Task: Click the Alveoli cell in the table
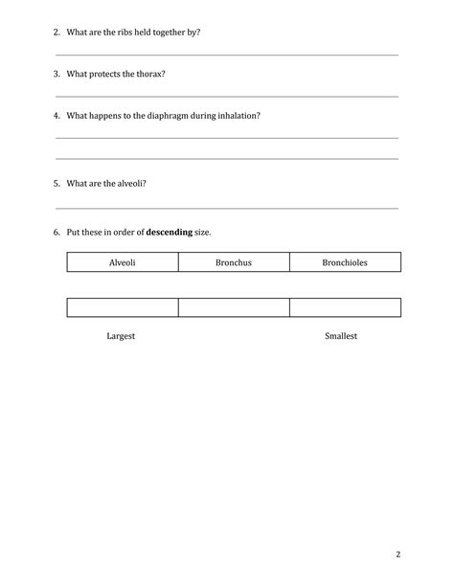pos(123,262)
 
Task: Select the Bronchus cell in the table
pos(234,262)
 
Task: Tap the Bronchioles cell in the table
pos(345,262)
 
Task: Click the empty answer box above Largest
pos(123,308)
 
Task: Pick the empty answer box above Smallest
pos(345,308)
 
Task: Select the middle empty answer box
pos(234,308)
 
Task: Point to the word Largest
pos(121,337)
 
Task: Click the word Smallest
pos(341,337)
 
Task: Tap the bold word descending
pos(169,233)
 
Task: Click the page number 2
pos(397,554)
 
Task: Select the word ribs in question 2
pos(125,33)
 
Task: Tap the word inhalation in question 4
pos(238,116)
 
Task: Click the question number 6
pos(57,233)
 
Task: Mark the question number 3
pos(57,74)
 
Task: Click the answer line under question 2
pos(227,55)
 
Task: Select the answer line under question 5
pos(227,208)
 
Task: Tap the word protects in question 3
pos(107,74)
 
